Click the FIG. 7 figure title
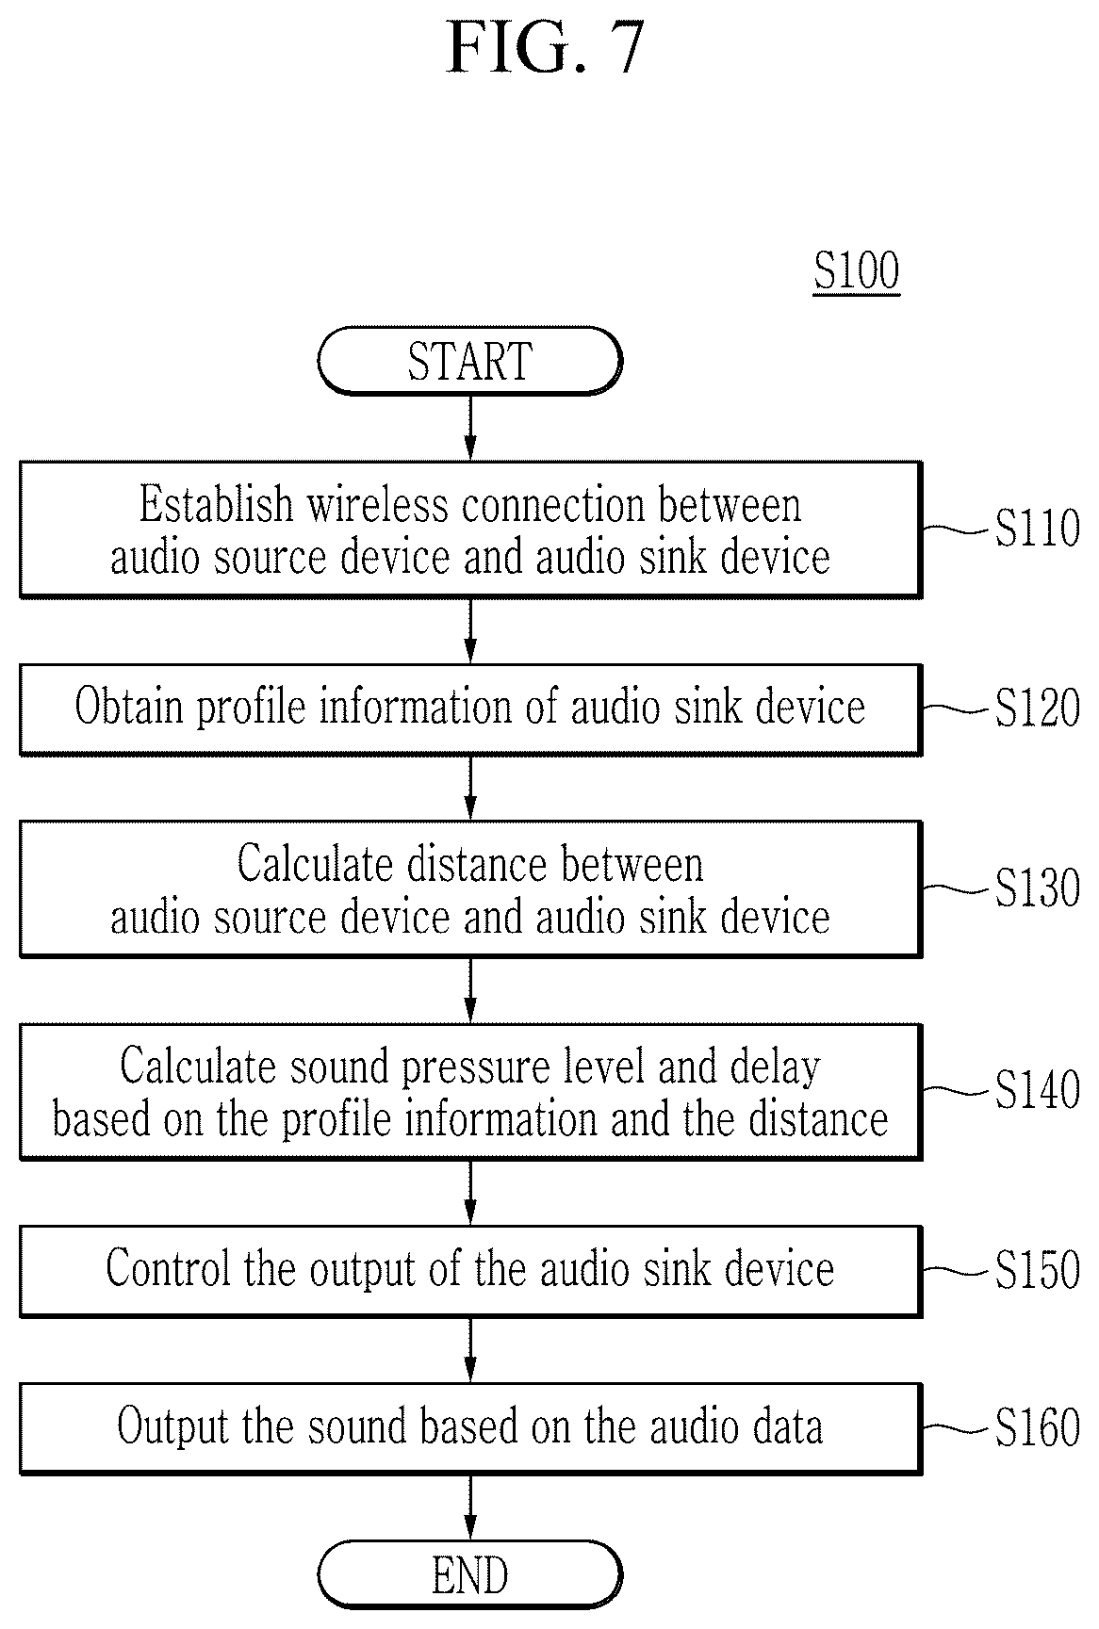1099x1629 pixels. click(x=545, y=48)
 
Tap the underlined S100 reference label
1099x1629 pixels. click(x=857, y=271)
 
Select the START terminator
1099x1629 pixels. click(x=470, y=361)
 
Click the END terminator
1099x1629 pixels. click(x=470, y=1575)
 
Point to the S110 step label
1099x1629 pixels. click(x=1037, y=528)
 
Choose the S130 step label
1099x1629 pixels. click(x=1037, y=888)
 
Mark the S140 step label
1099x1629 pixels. click(x=1037, y=1090)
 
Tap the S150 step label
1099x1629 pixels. click(x=1037, y=1270)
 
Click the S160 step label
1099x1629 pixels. click(x=1037, y=1427)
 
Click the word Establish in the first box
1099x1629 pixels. click(x=217, y=504)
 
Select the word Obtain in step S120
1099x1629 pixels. click(x=129, y=706)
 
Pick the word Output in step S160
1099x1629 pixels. click(x=173, y=1425)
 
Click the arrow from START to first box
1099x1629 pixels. click(x=470, y=429)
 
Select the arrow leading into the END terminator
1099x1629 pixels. click(x=470, y=1507)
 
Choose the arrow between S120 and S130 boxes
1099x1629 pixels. click(x=470, y=788)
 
